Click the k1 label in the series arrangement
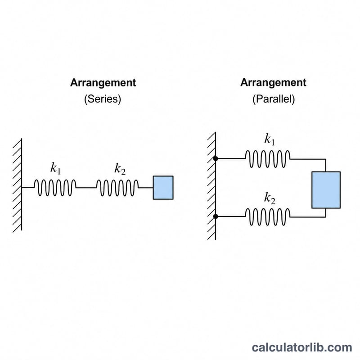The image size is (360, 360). [x=55, y=168]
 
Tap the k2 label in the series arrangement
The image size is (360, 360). [x=120, y=169]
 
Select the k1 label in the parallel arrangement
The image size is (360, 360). [x=269, y=139]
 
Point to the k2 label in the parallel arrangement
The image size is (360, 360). [x=270, y=198]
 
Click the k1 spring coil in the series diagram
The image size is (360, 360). [x=55, y=188]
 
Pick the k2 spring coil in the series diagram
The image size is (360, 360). [x=117, y=188]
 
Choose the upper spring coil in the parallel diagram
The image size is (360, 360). [x=268, y=159]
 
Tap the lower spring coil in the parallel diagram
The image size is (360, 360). [x=268, y=217]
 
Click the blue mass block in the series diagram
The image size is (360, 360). [x=163, y=188]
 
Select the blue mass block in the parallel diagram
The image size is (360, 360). [x=326, y=190]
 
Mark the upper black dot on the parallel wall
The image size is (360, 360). [x=216, y=158]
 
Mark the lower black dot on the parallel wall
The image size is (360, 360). [x=216, y=216]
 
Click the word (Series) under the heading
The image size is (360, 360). [x=103, y=99]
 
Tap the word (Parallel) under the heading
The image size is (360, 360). [x=274, y=99]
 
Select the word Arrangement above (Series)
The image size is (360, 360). [x=103, y=83]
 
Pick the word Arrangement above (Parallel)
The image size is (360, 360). [x=273, y=83]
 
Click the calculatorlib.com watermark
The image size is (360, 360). [x=302, y=347]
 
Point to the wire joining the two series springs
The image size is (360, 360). [x=86, y=188]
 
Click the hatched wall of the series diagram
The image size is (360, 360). [x=18, y=185]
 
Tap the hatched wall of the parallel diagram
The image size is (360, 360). [x=211, y=186]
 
